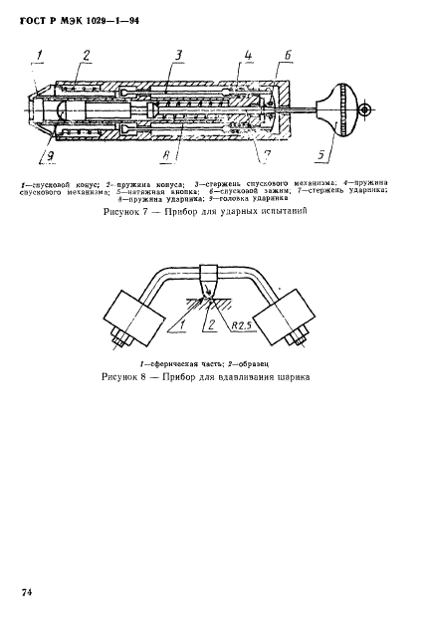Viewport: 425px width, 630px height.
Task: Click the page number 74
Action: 27,592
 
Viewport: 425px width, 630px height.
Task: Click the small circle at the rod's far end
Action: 365,109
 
